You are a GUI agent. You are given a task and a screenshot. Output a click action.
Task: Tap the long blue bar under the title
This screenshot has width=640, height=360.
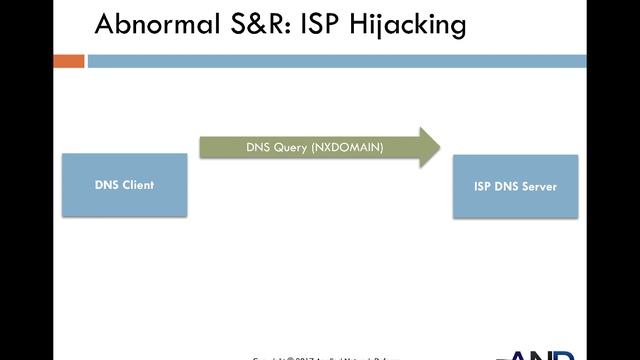360,61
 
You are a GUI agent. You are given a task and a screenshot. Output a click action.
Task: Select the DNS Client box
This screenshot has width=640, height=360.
125,185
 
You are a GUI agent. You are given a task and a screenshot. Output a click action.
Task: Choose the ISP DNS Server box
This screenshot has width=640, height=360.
515,187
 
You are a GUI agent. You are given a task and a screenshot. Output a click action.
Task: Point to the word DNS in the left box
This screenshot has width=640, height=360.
107,185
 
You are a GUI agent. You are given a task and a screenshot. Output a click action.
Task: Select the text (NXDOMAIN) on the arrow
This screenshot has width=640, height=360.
346,147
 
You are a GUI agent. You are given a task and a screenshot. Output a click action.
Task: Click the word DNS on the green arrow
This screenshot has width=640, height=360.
258,147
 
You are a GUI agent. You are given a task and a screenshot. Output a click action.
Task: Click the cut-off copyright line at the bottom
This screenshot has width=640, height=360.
335,356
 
